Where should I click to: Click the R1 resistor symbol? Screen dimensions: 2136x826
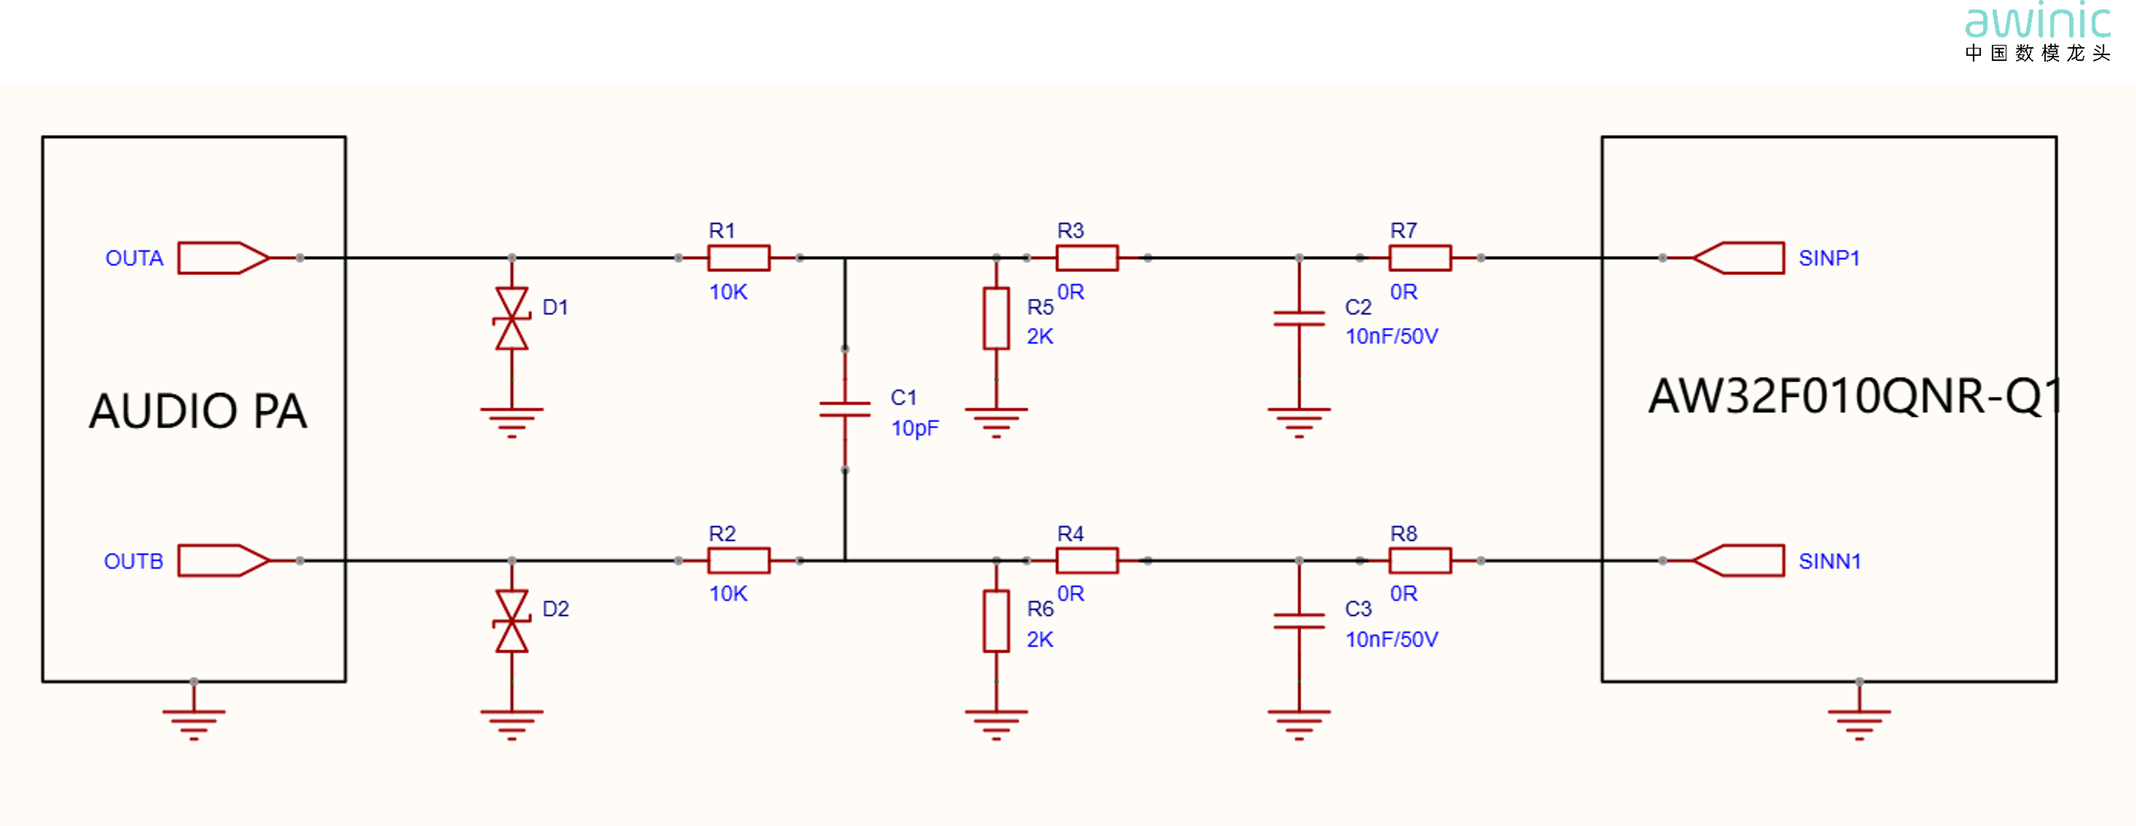tap(738, 258)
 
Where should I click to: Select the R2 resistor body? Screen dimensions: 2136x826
tap(738, 561)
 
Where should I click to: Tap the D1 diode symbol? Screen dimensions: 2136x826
tap(512, 318)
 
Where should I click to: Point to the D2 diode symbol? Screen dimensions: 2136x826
tap(512, 621)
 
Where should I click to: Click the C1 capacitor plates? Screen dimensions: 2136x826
tap(845, 409)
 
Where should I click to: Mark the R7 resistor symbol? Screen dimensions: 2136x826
tap(1419, 258)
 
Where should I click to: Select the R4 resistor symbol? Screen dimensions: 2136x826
tap(1087, 561)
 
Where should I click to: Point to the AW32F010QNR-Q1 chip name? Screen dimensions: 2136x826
tap(1854, 396)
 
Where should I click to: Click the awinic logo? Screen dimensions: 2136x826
tap(2037, 32)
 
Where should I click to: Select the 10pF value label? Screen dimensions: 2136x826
tap(915, 428)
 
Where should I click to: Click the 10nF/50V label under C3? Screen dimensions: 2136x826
tap(1391, 640)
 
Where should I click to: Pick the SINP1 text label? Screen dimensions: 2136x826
tap(1829, 258)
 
